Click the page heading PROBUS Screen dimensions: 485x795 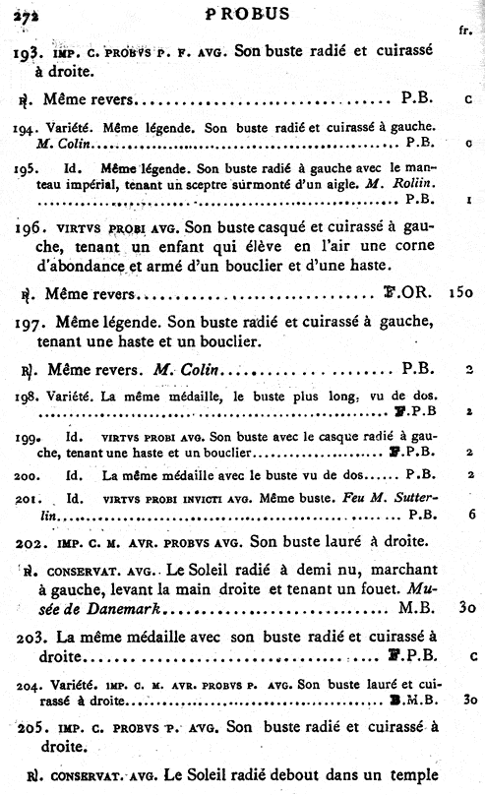coord(248,13)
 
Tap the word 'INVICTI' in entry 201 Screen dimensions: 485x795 coord(188,498)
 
